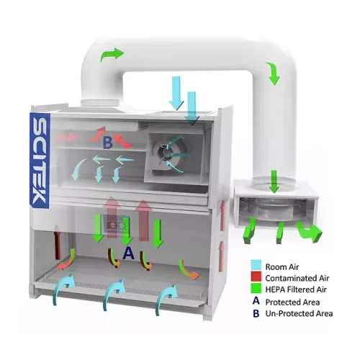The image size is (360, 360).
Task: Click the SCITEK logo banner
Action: click(x=40, y=161)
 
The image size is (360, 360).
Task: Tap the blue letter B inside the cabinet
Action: click(x=107, y=143)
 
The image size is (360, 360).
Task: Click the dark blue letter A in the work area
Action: click(x=128, y=253)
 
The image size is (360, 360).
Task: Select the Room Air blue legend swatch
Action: click(x=256, y=265)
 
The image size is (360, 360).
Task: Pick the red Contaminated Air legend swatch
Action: click(x=256, y=276)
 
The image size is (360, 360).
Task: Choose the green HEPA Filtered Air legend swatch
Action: click(x=256, y=288)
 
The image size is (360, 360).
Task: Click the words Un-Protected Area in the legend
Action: click(x=299, y=313)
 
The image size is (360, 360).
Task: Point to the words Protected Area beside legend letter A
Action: click(x=292, y=302)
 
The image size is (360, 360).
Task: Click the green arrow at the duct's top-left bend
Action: click(x=112, y=55)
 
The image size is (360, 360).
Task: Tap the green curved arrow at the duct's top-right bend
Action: click(x=273, y=73)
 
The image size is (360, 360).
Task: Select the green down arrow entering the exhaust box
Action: click(x=274, y=181)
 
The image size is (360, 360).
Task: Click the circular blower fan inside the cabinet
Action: click(x=166, y=153)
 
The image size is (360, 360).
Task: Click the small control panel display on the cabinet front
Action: click(x=117, y=225)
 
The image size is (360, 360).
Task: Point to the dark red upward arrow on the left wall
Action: click(x=57, y=242)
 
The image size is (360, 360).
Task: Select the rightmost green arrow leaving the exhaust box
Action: click(x=310, y=231)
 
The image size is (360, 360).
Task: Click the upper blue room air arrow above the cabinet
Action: click(x=176, y=93)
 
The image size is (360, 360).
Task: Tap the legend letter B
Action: click(x=256, y=313)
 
